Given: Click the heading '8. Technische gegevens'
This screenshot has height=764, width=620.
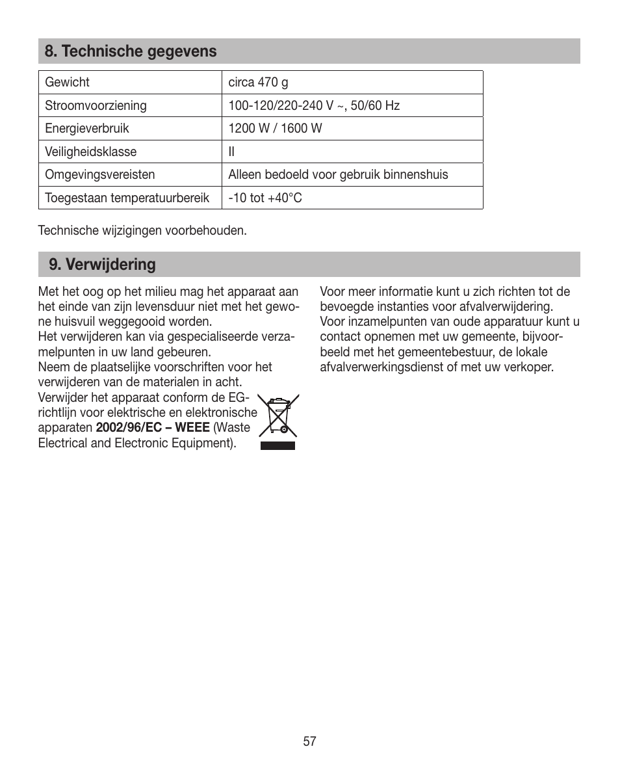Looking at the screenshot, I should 131,51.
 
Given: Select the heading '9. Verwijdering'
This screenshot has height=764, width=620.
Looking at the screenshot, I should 103,265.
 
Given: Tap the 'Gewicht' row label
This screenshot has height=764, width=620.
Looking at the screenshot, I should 67,83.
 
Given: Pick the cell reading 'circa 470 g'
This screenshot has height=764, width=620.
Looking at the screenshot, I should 258,83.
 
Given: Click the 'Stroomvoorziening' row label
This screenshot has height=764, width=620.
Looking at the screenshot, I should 96,105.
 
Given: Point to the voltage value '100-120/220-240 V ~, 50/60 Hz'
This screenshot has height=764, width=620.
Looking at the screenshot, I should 313,105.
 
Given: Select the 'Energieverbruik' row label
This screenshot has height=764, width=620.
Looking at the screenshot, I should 86,129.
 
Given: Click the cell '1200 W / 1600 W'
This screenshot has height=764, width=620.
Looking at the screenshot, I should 275,129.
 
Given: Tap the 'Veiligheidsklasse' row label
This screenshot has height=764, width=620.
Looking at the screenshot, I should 90,151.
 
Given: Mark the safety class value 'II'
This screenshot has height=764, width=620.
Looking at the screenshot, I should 231,151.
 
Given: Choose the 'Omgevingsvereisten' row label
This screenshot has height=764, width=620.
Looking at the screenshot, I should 99,175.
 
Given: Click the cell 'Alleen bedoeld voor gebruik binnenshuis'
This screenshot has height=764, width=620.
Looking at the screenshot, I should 338,175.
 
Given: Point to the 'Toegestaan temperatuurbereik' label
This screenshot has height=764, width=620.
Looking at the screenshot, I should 127,198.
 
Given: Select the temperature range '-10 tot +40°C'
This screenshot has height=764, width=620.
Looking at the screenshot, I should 265,198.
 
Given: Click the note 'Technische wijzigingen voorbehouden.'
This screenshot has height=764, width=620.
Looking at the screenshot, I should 142,231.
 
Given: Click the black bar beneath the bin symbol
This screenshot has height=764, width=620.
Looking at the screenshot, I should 278,445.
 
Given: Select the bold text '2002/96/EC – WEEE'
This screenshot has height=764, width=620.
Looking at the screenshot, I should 153,428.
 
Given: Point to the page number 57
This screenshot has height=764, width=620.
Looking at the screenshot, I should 309,741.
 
